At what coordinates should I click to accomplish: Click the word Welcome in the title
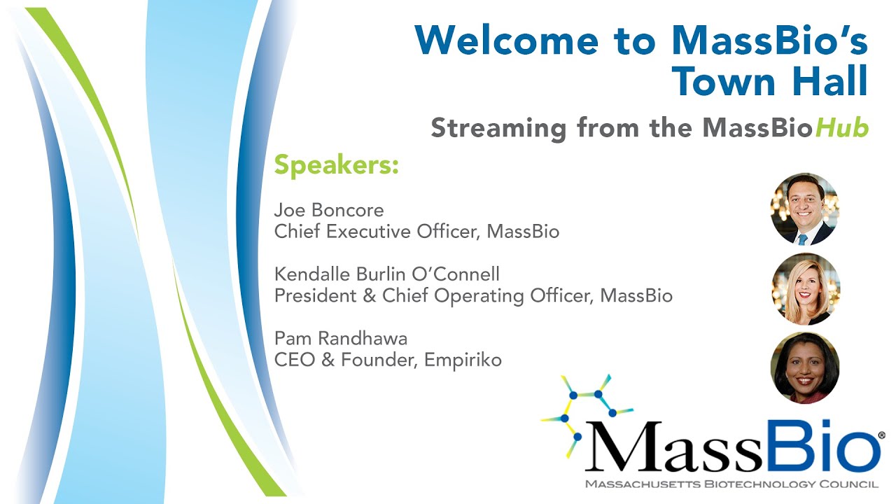[x=507, y=41]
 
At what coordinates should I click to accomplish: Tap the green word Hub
[x=842, y=127]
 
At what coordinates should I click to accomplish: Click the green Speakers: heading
[x=337, y=164]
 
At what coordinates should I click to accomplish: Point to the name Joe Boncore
[x=329, y=210]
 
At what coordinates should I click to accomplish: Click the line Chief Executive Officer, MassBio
[x=416, y=232]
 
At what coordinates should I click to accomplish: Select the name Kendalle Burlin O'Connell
[x=387, y=274]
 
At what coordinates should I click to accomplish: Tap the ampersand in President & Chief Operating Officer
[x=369, y=296]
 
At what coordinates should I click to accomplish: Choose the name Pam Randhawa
[x=341, y=338]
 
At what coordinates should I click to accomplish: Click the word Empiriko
[x=463, y=360]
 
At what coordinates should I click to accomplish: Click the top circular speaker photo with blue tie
[x=805, y=209]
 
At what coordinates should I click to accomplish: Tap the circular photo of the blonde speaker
[x=806, y=289]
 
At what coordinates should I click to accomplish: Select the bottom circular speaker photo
[x=805, y=367]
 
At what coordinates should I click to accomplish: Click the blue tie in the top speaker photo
[x=802, y=239]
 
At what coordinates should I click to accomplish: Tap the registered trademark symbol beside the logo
[x=881, y=435]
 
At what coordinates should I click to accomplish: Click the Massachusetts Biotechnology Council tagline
[x=731, y=484]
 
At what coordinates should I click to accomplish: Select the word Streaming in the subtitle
[x=498, y=129]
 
